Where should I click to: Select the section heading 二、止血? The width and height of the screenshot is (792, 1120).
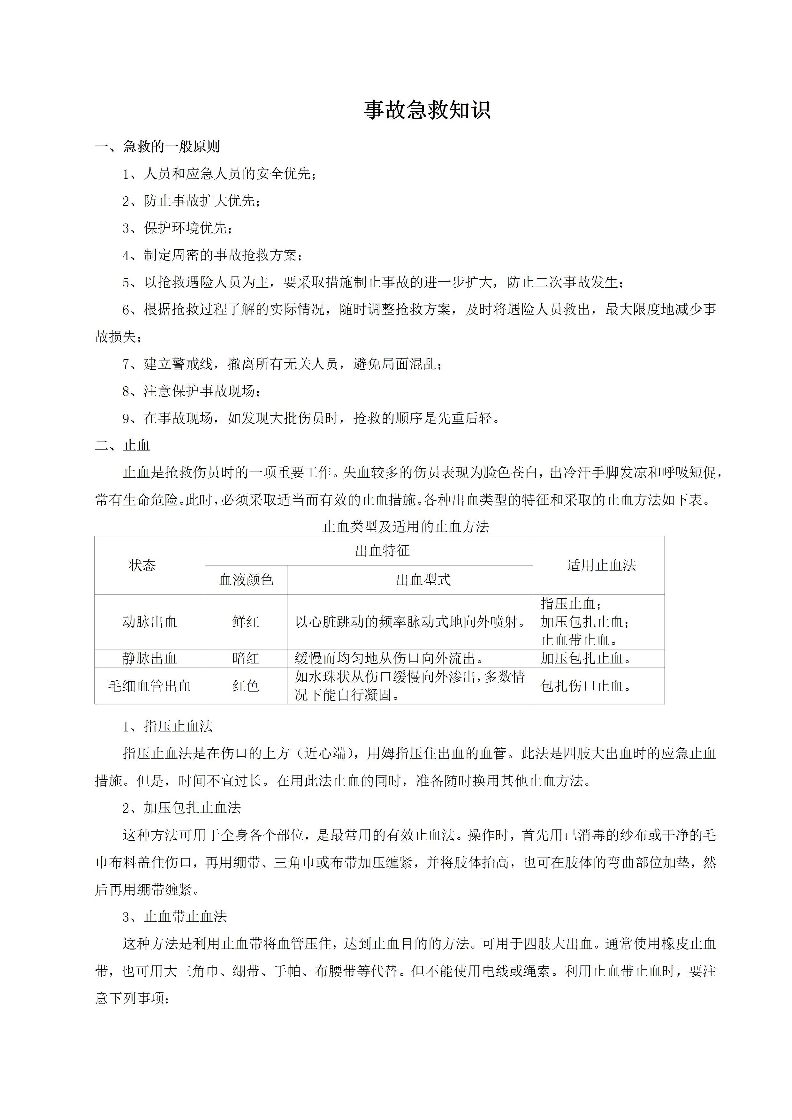click(x=123, y=445)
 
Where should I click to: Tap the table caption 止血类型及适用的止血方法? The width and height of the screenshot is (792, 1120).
click(x=406, y=527)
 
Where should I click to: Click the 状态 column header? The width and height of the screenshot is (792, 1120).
click(x=142, y=565)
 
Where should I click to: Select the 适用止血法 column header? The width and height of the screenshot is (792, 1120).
click(x=601, y=565)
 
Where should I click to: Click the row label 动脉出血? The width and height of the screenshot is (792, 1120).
click(x=149, y=622)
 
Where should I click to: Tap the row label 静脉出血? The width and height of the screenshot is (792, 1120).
click(x=149, y=659)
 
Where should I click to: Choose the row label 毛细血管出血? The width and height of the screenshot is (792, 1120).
click(x=149, y=686)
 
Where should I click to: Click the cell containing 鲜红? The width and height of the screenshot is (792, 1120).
click(x=246, y=622)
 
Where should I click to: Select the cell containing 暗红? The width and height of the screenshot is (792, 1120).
click(x=246, y=659)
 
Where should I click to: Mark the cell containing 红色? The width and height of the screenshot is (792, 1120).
click(x=246, y=686)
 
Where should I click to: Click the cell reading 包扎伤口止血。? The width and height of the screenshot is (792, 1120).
click(x=586, y=686)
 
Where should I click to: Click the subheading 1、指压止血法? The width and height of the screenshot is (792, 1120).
click(x=168, y=726)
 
